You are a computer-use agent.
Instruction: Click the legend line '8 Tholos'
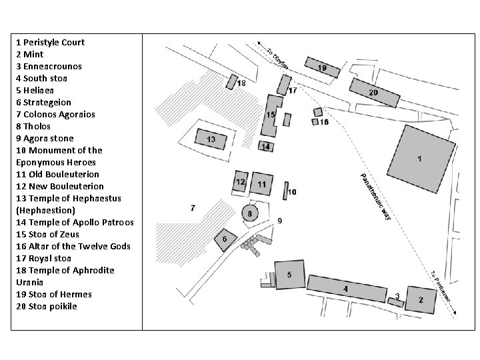tap(33, 126)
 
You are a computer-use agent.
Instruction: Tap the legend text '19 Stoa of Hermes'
tap(53, 294)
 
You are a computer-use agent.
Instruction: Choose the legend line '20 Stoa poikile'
tap(46, 306)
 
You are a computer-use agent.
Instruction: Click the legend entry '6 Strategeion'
tap(43, 102)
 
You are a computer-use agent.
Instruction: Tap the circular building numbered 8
tap(250, 214)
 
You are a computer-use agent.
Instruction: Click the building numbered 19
tap(321, 67)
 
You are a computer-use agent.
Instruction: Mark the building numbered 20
tap(373, 93)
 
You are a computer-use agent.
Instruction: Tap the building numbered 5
tap(289, 274)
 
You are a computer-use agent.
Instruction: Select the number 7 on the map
tap(193, 208)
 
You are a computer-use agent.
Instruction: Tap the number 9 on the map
tap(280, 221)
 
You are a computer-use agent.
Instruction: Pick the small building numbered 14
tap(265, 147)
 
